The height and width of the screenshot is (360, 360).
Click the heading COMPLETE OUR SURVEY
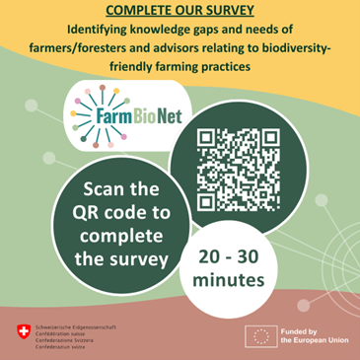(180, 11)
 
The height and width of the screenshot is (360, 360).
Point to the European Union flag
(261, 336)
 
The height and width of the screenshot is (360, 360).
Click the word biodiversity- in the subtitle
(299, 47)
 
